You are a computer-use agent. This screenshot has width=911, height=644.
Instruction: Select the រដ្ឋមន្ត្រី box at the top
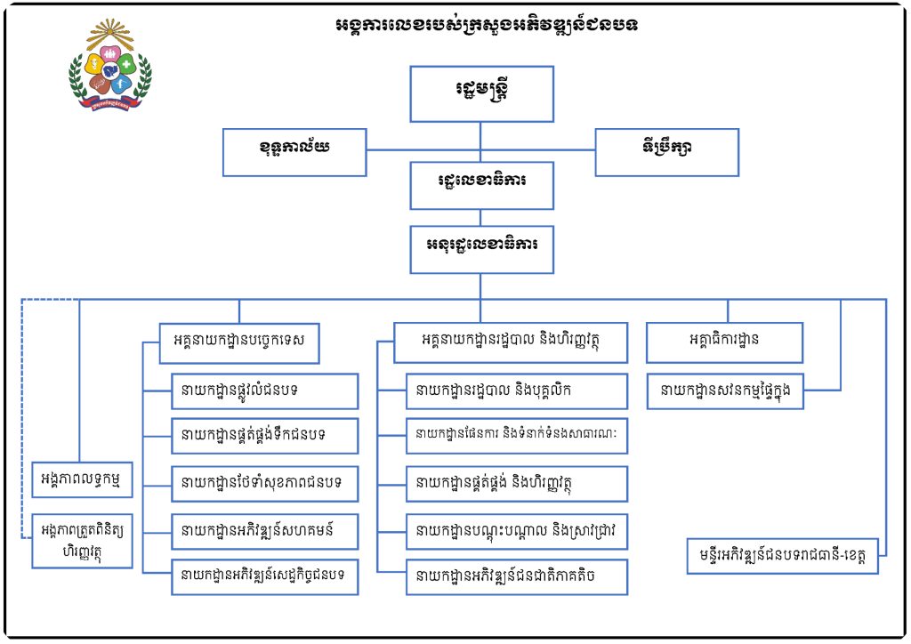point(481,93)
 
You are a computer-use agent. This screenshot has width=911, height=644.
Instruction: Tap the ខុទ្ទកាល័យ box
point(294,152)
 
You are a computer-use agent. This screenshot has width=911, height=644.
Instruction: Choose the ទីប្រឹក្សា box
point(666,152)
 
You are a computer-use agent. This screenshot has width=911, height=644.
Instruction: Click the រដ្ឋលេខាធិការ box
point(481,185)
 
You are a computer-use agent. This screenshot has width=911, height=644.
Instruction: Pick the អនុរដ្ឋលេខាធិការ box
point(481,249)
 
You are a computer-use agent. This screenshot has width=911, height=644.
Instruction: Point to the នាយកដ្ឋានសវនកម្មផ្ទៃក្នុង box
point(724,390)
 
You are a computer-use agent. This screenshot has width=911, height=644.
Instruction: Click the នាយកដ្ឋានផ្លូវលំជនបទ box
point(264,390)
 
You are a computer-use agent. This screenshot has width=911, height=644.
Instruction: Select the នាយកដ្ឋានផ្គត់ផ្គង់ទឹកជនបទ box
point(264,436)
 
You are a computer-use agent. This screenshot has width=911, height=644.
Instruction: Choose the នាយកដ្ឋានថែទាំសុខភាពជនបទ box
point(264,484)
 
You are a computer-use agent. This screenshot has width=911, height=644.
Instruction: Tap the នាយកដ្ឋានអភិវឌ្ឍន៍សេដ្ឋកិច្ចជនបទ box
point(264,576)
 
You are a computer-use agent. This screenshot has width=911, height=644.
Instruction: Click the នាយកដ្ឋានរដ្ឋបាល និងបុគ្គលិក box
point(516,390)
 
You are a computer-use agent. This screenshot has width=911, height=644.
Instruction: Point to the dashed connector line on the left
point(21,418)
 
